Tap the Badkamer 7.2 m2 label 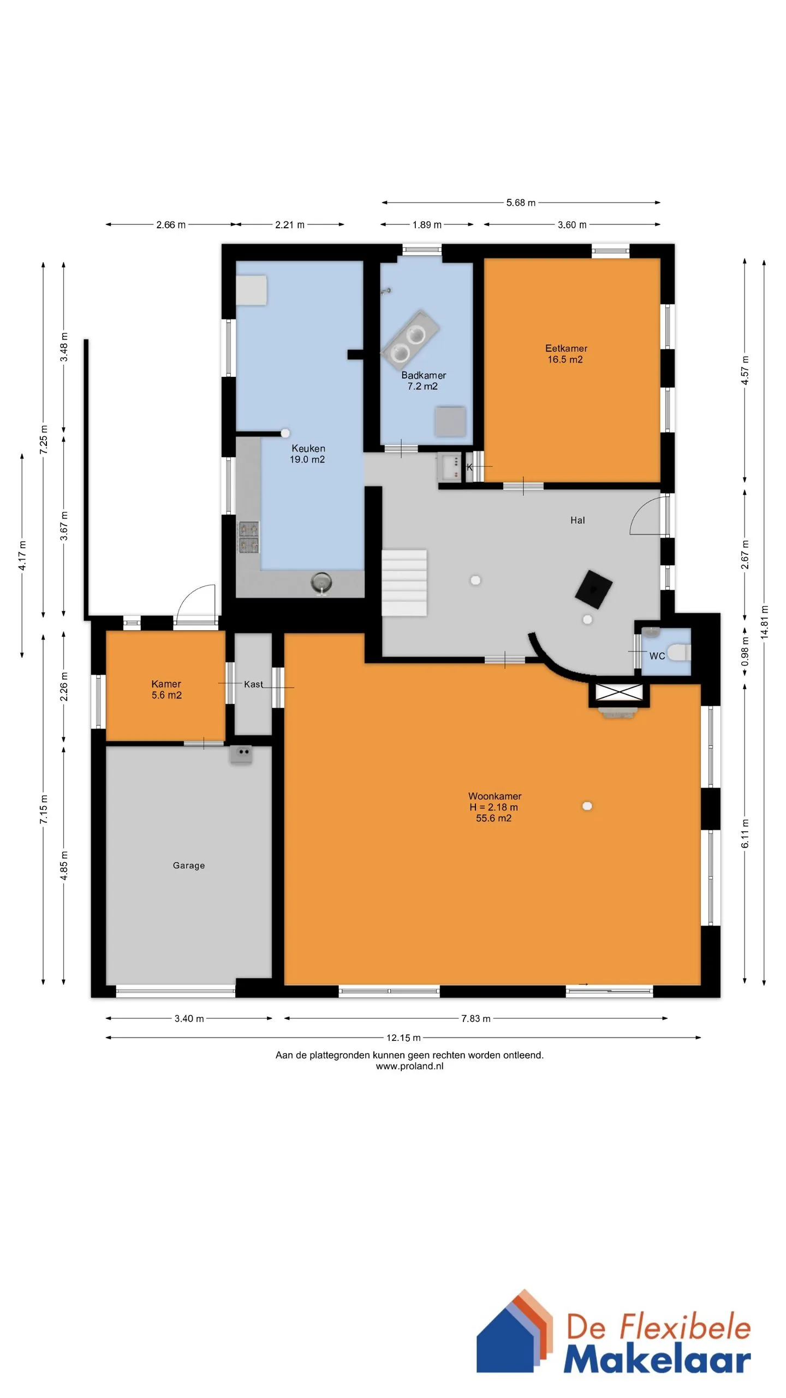point(424,381)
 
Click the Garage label point(189,866)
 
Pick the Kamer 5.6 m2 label point(166,689)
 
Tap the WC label point(657,656)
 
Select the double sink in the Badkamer point(409,339)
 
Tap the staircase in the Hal point(404,583)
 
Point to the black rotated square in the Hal point(593,589)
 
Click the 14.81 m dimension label point(764,621)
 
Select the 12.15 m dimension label point(403,1038)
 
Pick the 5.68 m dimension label point(521,203)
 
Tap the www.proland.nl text point(409,1066)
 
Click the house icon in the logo point(513,1332)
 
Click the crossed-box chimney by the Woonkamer point(619,692)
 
